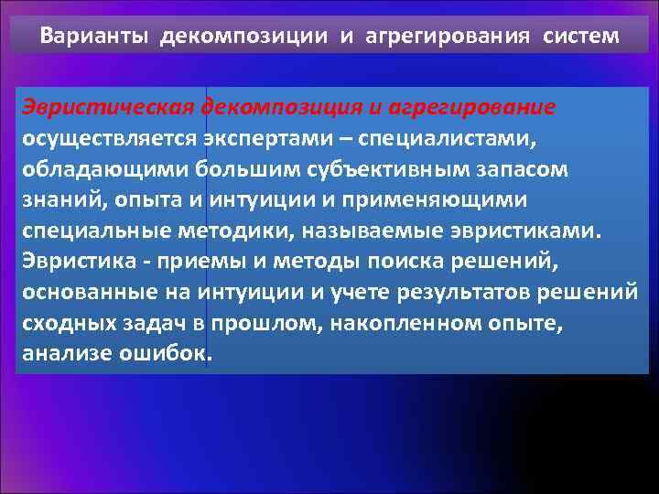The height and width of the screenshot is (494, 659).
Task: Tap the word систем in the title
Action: [580, 37]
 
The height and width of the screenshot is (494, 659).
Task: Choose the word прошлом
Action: [267, 323]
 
